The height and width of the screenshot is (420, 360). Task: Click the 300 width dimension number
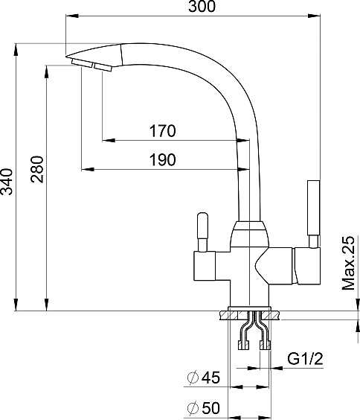[202, 7]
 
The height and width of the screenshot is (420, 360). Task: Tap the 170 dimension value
[163, 131]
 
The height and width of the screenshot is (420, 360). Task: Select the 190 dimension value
[163, 160]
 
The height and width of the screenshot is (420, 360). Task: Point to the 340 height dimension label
[7, 182]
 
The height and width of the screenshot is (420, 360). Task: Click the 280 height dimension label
[37, 169]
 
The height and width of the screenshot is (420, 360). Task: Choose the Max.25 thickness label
[349, 264]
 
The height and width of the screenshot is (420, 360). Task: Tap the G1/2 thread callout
[305, 359]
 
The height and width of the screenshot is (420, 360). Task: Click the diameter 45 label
[204, 378]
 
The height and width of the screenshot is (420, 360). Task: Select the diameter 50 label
[204, 408]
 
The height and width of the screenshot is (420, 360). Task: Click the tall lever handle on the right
[313, 214]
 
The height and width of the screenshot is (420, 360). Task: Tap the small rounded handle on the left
[202, 232]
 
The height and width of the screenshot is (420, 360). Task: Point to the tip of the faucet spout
[66, 57]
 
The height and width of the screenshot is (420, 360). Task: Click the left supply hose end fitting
[243, 345]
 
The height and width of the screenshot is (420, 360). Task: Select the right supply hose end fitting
[265, 345]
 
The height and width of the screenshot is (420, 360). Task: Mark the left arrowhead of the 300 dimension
[71, 16]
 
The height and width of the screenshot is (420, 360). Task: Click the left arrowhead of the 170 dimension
[109, 140]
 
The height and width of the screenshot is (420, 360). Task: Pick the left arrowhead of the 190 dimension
[88, 169]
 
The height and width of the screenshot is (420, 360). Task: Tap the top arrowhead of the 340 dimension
[16, 50]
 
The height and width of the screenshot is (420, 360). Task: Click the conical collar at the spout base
[249, 234]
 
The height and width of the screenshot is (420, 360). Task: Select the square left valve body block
[205, 266]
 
